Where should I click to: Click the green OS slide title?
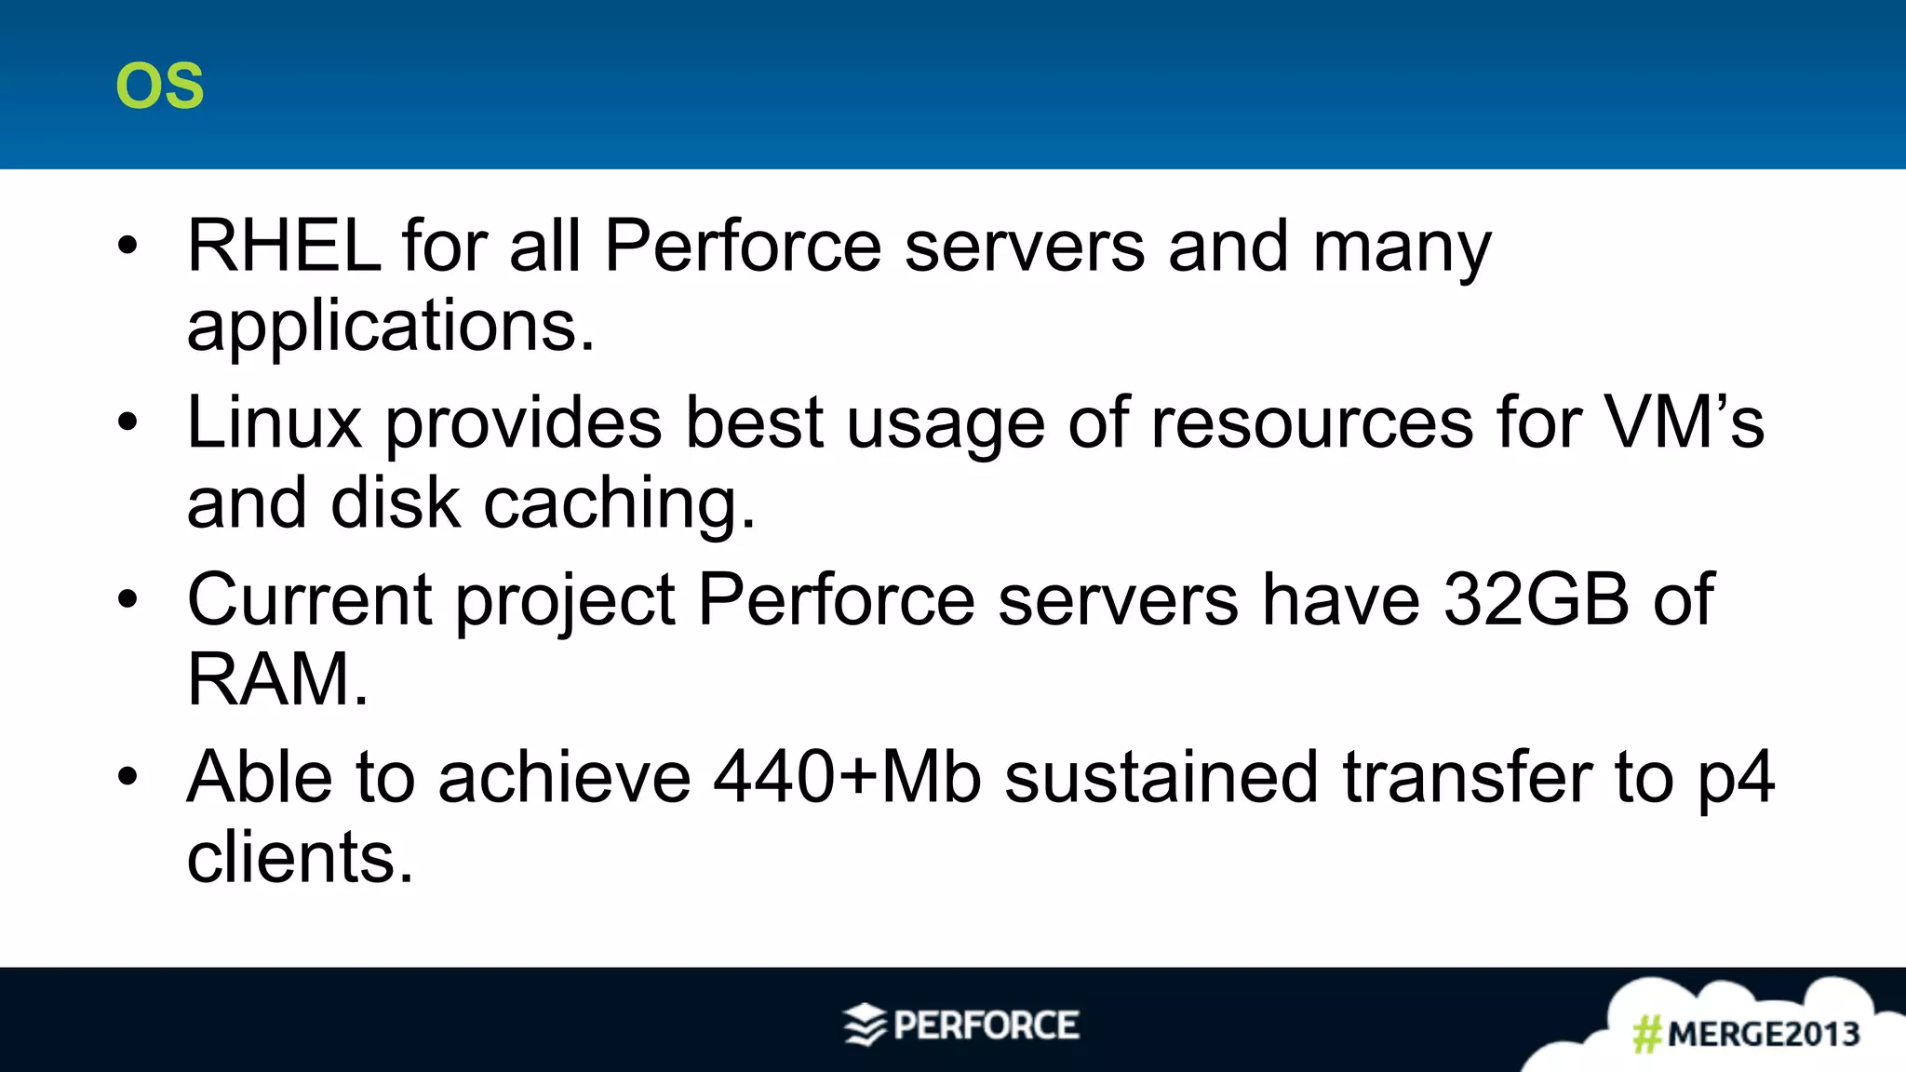point(159,86)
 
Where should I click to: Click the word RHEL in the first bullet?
point(284,246)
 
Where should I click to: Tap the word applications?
point(389,327)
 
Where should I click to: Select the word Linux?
point(274,422)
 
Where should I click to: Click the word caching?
point(618,503)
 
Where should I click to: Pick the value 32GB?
point(1536,599)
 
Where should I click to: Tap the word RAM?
point(276,679)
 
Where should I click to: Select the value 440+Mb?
point(847,777)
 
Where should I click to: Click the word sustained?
point(1161,777)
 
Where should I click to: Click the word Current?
point(309,599)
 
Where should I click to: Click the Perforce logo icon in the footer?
point(865,1025)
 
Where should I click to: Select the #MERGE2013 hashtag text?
point(1746,1034)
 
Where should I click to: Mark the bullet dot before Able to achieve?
point(128,776)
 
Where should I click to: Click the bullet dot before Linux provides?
point(128,422)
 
